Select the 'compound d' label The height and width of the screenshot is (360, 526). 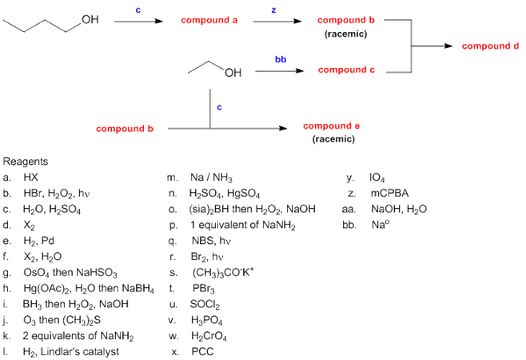pos(490,46)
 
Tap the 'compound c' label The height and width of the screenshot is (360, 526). pos(345,70)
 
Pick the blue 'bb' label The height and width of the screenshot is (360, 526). pos(280,59)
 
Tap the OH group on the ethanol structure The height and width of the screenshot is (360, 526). pos(233,75)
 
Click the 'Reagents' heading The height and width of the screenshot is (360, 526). pos(26,162)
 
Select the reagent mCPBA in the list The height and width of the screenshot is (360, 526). pos(389,193)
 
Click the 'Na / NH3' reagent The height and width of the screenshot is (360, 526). pos(211,177)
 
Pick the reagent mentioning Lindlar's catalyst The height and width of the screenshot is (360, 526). pos(70,351)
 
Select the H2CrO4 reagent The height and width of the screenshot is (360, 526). pos(209,335)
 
